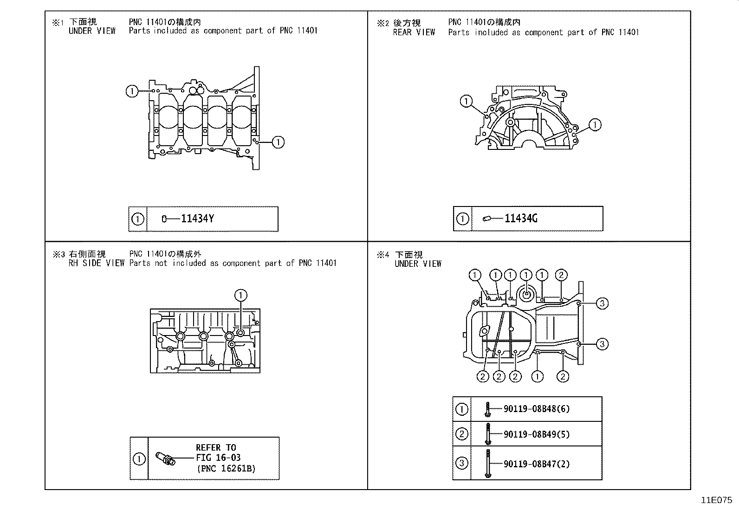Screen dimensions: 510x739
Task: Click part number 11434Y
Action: coord(197,219)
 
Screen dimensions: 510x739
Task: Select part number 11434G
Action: coord(521,218)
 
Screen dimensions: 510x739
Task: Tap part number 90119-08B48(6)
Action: coord(536,409)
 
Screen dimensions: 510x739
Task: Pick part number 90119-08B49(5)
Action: coord(536,434)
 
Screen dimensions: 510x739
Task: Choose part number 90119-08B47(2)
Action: coord(536,464)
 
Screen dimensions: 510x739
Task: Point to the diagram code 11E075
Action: coord(716,500)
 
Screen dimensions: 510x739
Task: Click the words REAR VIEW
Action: coord(414,32)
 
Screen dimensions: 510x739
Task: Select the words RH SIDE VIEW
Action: coord(97,263)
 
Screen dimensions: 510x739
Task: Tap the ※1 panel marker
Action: coord(57,22)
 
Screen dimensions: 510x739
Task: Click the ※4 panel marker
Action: coord(382,254)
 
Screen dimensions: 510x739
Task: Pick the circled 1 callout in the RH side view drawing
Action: coord(240,295)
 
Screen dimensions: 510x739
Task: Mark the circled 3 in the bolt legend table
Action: coord(461,463)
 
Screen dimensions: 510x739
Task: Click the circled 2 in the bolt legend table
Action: coord(461,434)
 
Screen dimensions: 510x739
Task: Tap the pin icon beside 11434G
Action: coord(487,219)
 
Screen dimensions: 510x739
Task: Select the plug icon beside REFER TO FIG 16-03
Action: coord(166,458)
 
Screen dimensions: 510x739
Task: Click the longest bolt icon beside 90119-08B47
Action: coord(487,463)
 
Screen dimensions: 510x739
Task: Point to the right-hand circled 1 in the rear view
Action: coord(595,124)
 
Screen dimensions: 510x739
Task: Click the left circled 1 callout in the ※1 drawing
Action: coord(132,91)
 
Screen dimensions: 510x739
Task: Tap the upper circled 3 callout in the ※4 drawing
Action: coord(602,303)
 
